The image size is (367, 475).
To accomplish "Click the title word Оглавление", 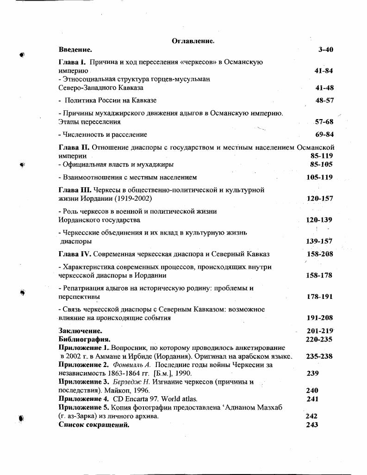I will coord(193,41).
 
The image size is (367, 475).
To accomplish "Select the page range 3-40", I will coord(325,50).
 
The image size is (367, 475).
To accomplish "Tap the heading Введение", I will coord(75,49).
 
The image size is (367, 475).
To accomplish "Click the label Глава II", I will coord(74,147).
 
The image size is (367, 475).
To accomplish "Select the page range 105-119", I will coord(319,177).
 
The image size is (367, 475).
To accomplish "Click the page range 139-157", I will coord(319,241).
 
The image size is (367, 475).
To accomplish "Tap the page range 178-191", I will coord(319,297).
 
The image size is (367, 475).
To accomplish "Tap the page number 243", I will coord(312,424).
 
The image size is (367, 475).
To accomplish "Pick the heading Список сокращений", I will coord(94,424).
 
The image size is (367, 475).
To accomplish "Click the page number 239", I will coord(313,373).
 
